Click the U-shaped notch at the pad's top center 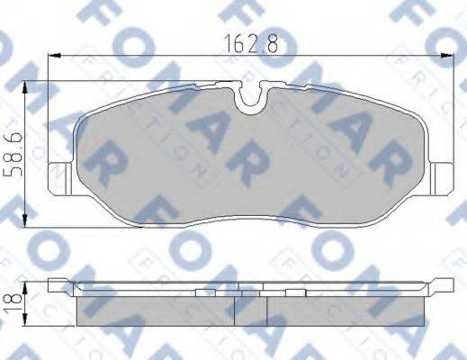click(252, 97)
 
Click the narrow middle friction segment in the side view click(251, 310)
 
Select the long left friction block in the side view click(155, 310)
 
